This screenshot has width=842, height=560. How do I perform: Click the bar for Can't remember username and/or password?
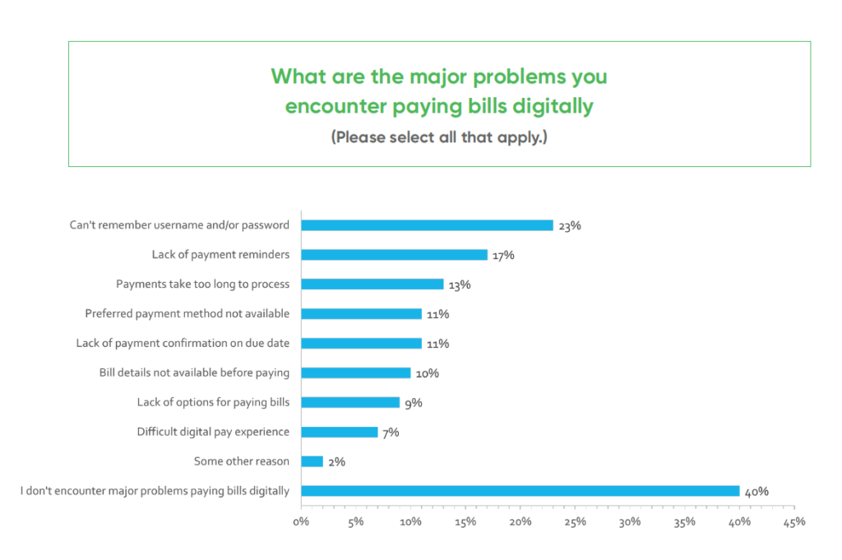click(x=427, y=225)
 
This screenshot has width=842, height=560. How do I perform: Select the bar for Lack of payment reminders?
click(x=394, y=255)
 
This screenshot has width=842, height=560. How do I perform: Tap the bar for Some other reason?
click(x=312, y=461)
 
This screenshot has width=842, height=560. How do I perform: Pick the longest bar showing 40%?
click(x=520, y=491)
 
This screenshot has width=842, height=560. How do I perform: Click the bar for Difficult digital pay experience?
click(x=340, y=432)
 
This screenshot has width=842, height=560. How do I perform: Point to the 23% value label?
click(x=569, y=226)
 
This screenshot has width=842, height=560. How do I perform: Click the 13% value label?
click(x=459, y=285)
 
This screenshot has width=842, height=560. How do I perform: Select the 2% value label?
click(x=335, y=462)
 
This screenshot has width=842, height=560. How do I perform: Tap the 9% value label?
click(x=412, y=403)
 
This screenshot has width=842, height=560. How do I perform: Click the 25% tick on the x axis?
click(x=575, y=521)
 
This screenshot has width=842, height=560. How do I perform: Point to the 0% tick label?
click(x=301, y=521)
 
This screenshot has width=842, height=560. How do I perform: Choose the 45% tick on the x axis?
click(x=794, y=521)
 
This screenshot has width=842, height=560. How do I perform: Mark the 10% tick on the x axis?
click(x=410, y=521)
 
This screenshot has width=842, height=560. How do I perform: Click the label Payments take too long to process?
click(x=202, y=285)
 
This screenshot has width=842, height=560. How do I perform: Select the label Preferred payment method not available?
click(x=187, y=314)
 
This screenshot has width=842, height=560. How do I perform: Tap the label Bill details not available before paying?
click(x=194, y=373)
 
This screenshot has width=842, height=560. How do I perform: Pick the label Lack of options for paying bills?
click(x=213, y=402)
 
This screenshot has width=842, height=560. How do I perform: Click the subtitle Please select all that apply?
click(x=439, y=137)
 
